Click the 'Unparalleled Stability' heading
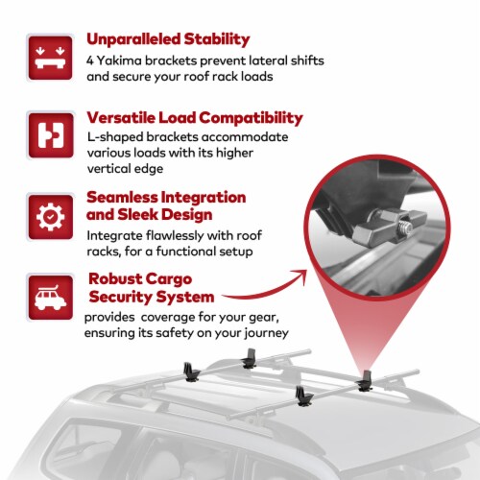click(x=168, y=39)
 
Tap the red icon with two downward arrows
click(x=50, y=58)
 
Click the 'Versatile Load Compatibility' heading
click(x=195, y=118)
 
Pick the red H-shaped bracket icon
click(x=51, y=135)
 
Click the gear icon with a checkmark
click(x=50, y=217)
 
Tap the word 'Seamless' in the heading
click(x=122, y=197)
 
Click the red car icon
click(x=50, y=298)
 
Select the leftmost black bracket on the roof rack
click(x=191, y=372)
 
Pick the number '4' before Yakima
click(x=90, y=60)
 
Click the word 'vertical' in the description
click(x=108, y=169)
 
